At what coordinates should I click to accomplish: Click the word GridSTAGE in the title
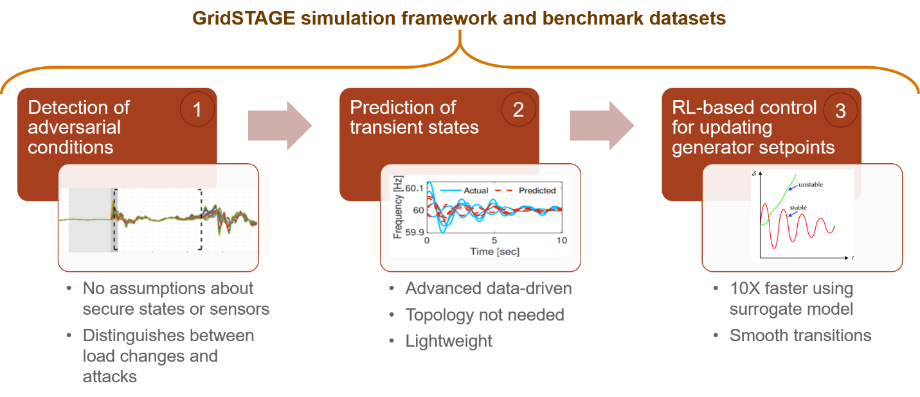(244, 19)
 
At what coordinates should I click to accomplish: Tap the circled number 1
(197, 109)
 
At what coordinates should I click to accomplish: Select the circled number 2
(518, 109)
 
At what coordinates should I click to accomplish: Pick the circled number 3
(840, 110)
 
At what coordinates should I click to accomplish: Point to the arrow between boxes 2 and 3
(602, 125)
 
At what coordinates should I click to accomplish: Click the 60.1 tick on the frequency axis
(414, 188)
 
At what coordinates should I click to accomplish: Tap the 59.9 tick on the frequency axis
(414, 233)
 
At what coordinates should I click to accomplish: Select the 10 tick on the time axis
(561, 240)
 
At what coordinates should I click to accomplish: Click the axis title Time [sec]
(494, 251)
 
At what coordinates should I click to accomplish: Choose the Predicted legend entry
(525, 191)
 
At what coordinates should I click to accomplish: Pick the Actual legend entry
(464, 191)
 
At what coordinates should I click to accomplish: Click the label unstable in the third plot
(810, 184)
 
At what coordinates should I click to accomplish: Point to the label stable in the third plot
(798, 207)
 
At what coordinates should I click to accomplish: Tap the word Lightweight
(449, 340)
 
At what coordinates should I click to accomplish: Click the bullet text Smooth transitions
(800, 335)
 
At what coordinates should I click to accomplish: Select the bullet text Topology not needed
(485, 315)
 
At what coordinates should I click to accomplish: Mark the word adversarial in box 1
(74, 127)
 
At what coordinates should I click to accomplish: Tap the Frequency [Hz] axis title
(397, 207)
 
